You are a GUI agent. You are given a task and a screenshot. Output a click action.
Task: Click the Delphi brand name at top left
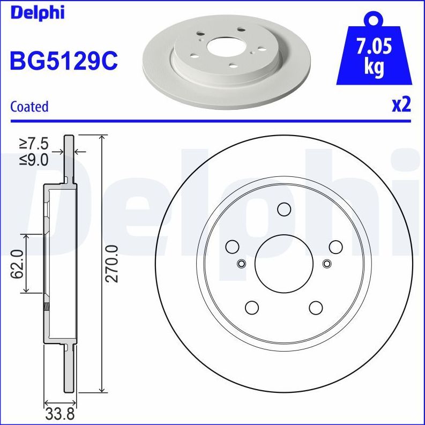pyautogui.click(x=37, y=12)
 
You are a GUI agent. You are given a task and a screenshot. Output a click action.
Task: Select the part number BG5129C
pyautogui.click(x=63, y=61)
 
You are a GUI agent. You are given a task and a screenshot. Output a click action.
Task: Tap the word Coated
pyautogui.click(x=29, y=107)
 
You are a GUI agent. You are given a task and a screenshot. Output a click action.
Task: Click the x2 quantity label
pyautogui.click(x=401, y=105)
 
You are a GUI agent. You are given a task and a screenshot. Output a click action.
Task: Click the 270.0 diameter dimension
pyautogui.click(x=111, y=263)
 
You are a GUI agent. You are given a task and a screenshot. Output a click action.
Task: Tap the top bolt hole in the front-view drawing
pyautogui.click(x=284, y=209)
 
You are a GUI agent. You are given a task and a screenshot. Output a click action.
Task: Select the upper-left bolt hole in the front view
pyautogui.click(x=232, y=247)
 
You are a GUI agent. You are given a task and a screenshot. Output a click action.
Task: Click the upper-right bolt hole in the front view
pyautogui.click(x=335, y=247)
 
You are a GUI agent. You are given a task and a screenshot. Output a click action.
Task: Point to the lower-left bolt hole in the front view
pyautogui.click(x=251, y=307)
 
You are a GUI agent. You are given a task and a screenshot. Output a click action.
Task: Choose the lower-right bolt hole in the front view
pyautogui.click(x=316, y=307)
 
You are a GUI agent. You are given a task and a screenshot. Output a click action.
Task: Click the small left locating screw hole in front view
pyautogui.click(x=241, y=263)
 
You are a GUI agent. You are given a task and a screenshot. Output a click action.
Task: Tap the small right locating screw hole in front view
pyautogui.click(x=327, y=263)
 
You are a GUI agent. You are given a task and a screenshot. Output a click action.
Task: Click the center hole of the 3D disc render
pyautogui.click(x=225, y=47)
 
